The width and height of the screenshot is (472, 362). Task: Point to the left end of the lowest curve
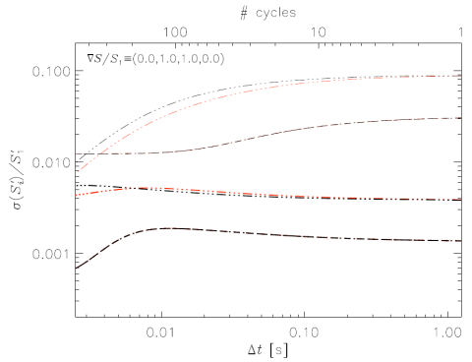click(76, 268)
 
